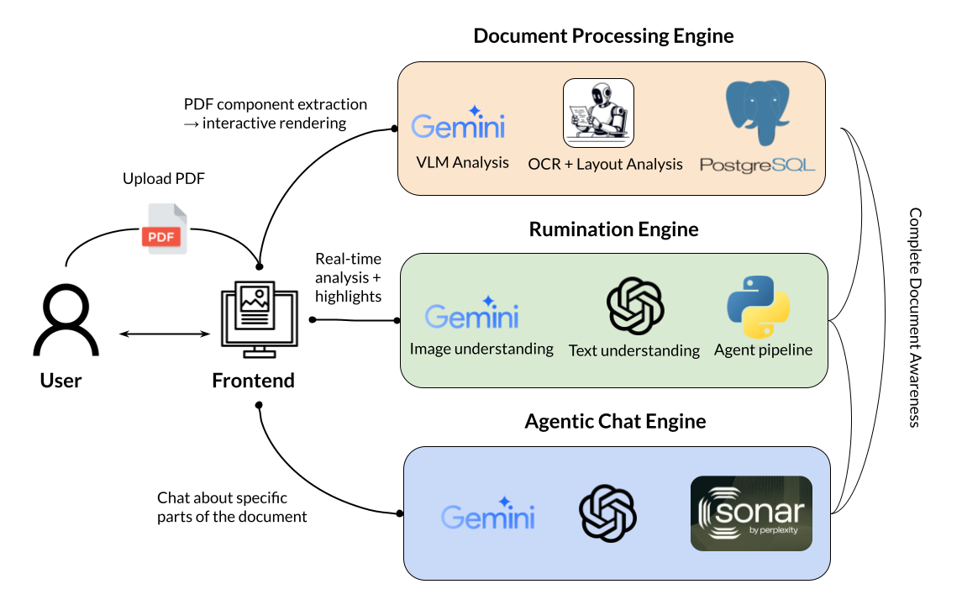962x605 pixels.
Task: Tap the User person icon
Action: [66, 322]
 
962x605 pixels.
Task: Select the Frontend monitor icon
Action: [259, 317]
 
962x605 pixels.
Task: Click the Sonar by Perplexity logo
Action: [751, 513]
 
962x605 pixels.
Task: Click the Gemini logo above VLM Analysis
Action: [458, 125]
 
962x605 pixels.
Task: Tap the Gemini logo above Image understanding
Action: [472, 313]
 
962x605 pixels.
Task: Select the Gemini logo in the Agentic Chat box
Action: [488, 513]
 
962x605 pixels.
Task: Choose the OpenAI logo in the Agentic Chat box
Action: [607, 513]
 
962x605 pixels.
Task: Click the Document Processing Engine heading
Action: [603, 35]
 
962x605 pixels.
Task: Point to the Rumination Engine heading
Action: [613, 229]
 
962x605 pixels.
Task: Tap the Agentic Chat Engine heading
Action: [615, 420]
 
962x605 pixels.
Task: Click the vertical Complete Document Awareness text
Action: [915, 318]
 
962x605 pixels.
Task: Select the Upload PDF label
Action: [163, 179]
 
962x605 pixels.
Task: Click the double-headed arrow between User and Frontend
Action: [164, 334]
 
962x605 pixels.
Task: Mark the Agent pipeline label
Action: [763, 349]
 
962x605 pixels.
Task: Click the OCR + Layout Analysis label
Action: [605, 164]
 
